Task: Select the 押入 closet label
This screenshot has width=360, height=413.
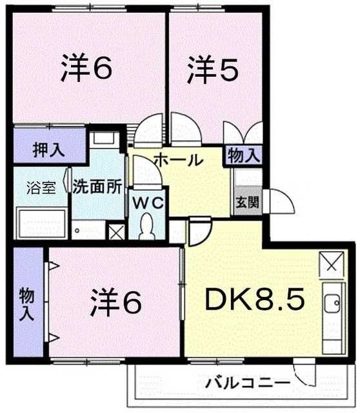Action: [x=48, y=150]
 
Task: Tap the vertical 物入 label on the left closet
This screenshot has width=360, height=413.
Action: [x=26, y=303]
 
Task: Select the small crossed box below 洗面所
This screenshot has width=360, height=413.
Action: [x=117, y=232]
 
